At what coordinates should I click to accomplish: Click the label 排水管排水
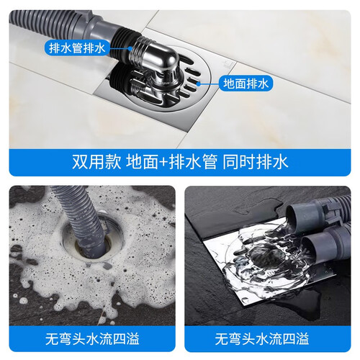coord(77,48)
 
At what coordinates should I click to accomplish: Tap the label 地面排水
coord(246,84)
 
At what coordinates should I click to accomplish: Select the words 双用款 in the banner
coord(96,162)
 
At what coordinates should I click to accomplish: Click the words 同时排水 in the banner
coord(255,162)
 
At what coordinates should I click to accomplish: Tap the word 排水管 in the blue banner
coord(193,162)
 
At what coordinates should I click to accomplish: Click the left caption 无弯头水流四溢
coord(92,338)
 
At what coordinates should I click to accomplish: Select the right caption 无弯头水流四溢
coord(262,338)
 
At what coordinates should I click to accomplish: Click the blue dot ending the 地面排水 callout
coord(198,84)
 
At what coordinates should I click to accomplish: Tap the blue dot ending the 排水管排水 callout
coord(130,48)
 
